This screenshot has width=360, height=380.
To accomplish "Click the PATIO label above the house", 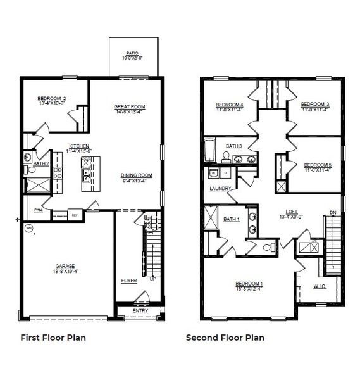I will [132, 53].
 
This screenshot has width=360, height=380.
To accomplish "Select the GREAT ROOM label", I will [130, 106].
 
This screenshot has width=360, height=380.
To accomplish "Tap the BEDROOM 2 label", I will [52, 98].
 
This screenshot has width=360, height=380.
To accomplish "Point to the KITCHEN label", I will [79, 146].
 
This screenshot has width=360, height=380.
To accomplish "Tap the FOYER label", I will [129, 279].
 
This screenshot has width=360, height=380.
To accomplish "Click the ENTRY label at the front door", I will [140, 311].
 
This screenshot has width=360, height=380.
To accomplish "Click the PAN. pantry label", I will [39, 210].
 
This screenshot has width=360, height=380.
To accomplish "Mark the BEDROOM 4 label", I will [230, 104].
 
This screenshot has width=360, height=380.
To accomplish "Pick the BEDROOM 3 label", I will [314, 104].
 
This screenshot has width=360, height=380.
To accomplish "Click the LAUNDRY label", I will [221, 189].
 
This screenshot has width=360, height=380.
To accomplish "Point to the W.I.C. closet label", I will [320, 286].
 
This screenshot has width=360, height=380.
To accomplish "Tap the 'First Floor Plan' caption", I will [53, 338].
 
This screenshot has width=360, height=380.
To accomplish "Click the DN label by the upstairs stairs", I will [333, 212].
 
